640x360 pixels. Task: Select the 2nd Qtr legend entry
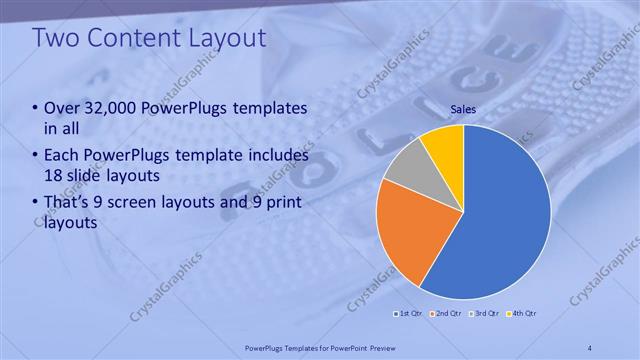coord(446,314)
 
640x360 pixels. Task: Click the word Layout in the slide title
coord(228,38)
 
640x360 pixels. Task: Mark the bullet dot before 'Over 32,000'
coord(35,108)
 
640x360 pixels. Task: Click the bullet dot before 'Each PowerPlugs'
coord(35,156)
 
